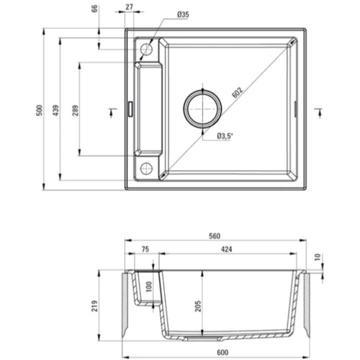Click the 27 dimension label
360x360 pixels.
129,7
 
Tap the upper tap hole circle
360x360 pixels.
146,49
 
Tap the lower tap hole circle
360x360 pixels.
146,168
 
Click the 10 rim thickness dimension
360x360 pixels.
318,257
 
